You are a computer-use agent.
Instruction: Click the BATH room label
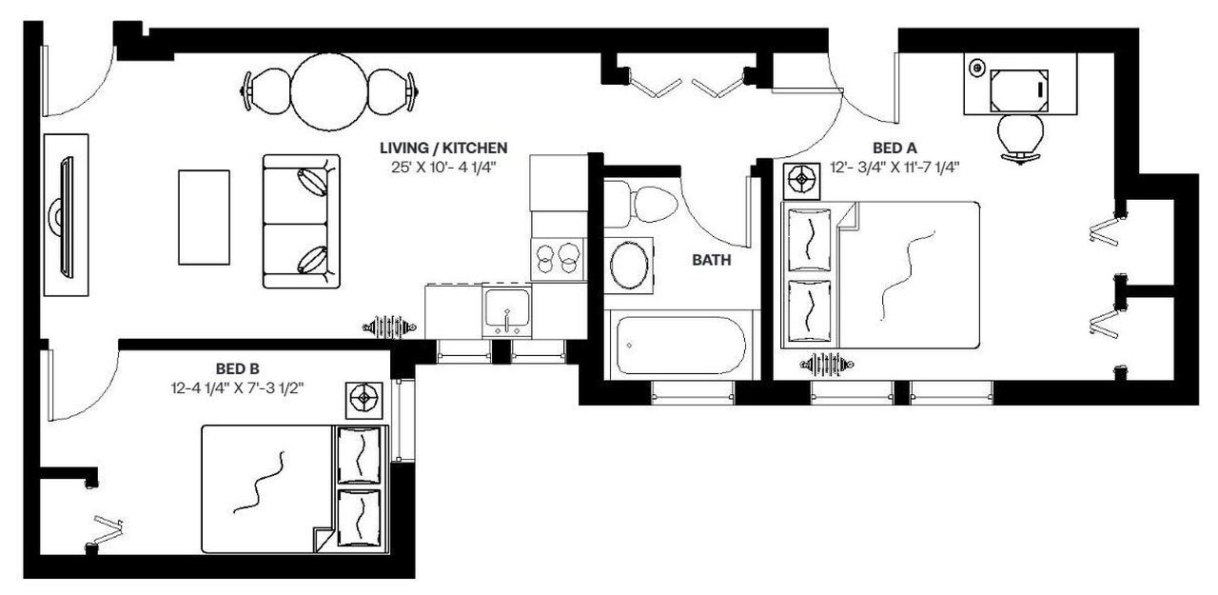[x=712, y=259]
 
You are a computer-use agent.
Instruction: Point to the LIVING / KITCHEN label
[x=443, y=148]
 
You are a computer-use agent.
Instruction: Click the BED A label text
[x=894, y=148]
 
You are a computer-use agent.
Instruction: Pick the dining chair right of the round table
[x=391, y=90]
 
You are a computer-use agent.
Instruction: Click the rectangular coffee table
[x=204, y=216]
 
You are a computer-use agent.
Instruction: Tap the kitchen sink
[x=507, y=310]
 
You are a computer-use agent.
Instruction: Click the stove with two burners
[x=556, y=258]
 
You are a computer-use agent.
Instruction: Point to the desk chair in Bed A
[x=1019, y=134]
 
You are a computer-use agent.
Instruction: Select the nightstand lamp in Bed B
[x=365, y=400]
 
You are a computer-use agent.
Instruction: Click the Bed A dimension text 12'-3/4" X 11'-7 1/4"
[x=894, y=168]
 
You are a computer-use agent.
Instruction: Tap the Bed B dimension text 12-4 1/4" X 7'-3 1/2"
[x=239, y=387]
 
